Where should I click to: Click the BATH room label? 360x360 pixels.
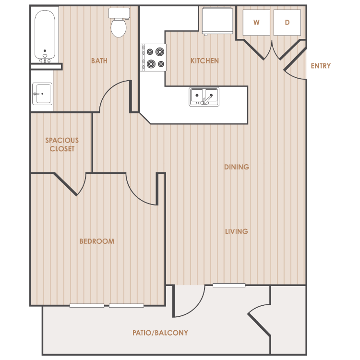(x=99, y=61)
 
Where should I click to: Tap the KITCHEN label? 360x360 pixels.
(x=204, y=61)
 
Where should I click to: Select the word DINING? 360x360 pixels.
(x=237, y=167)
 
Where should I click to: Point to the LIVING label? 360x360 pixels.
(x=237, y=231)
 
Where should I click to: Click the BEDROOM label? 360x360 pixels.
(x=97, y=241)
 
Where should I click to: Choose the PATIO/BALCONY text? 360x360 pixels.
(x=160, y=333)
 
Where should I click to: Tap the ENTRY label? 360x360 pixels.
(x=321, y=66)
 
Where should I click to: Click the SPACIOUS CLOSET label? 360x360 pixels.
(x=62, y=144)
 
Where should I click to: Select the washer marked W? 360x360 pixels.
(x=256, y=23)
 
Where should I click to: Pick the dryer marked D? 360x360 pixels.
(x=287, y=23)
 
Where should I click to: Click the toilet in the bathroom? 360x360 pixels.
(x=119, y=23)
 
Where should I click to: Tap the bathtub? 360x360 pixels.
(x=45, y=36)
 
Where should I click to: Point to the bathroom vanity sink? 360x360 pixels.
(x=42, y=94)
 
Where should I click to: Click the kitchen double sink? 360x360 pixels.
(x=204, y=96)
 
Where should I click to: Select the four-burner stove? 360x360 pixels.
(x=153, y=58)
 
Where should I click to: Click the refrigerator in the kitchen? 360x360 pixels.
(x=217, y=21)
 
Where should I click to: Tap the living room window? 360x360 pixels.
(x=229, y=286)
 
